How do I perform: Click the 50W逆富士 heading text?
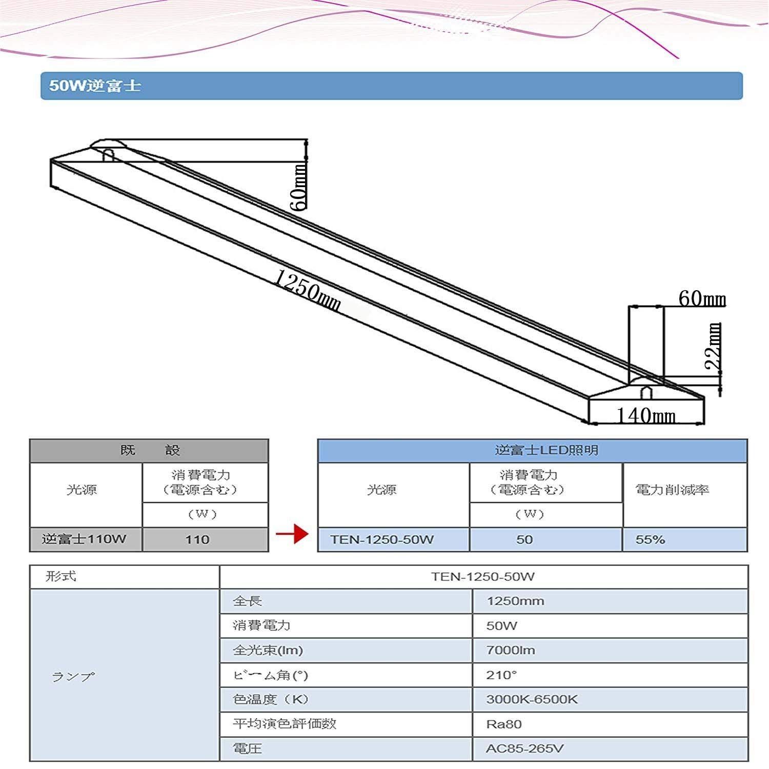(x=95, y=85)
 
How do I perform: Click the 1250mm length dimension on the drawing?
(x=307, y=291)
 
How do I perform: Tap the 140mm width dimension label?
(x=646, y=415)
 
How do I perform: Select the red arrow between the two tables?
(x=292, y=535)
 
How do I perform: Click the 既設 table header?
(x=149, y=451)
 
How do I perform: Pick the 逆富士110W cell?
(x=86, y=539)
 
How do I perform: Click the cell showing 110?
(x=205, y=539)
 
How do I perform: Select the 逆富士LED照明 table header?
(x=533, y=451)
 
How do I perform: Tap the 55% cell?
(x=685, y=539)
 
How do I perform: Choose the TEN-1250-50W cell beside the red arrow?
(x=394, y=539)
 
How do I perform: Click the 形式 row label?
(x=125, y=577)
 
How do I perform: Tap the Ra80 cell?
(x=610, y=724)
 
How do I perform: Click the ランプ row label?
(x=125, y=675)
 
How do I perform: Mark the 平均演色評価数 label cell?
(x=346, y=724)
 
